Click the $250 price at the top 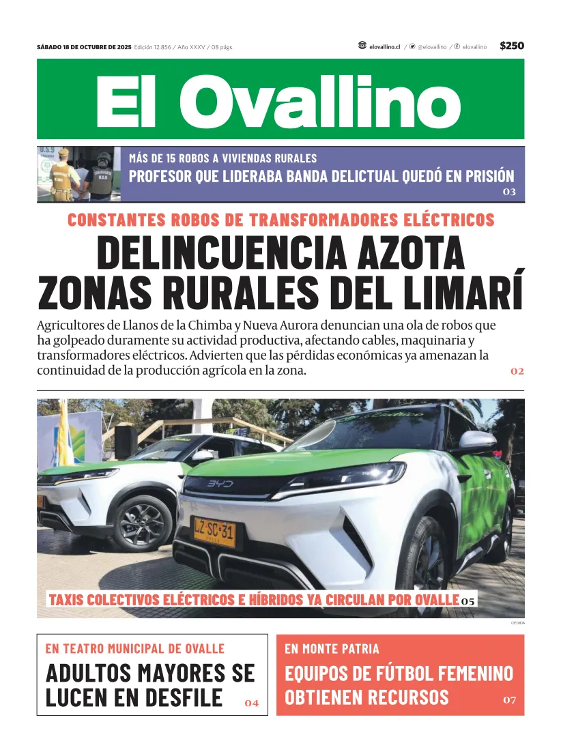tap(511, 46)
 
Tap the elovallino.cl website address tap(384, 46)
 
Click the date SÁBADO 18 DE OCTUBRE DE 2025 tap(84, 47)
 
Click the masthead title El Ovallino tap(278, 101)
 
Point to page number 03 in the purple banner tap(509, 192)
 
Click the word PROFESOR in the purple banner tap(160, 176)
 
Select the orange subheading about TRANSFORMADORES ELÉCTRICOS tap(280, 220)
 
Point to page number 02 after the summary tap(517, 371)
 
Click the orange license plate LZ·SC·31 tap(214, 533)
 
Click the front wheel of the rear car tap(144, 523)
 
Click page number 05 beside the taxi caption tap(467, 601)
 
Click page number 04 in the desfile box tap(251, 703)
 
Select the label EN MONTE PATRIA tap(332, 649)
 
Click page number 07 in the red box tap(510, 699)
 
